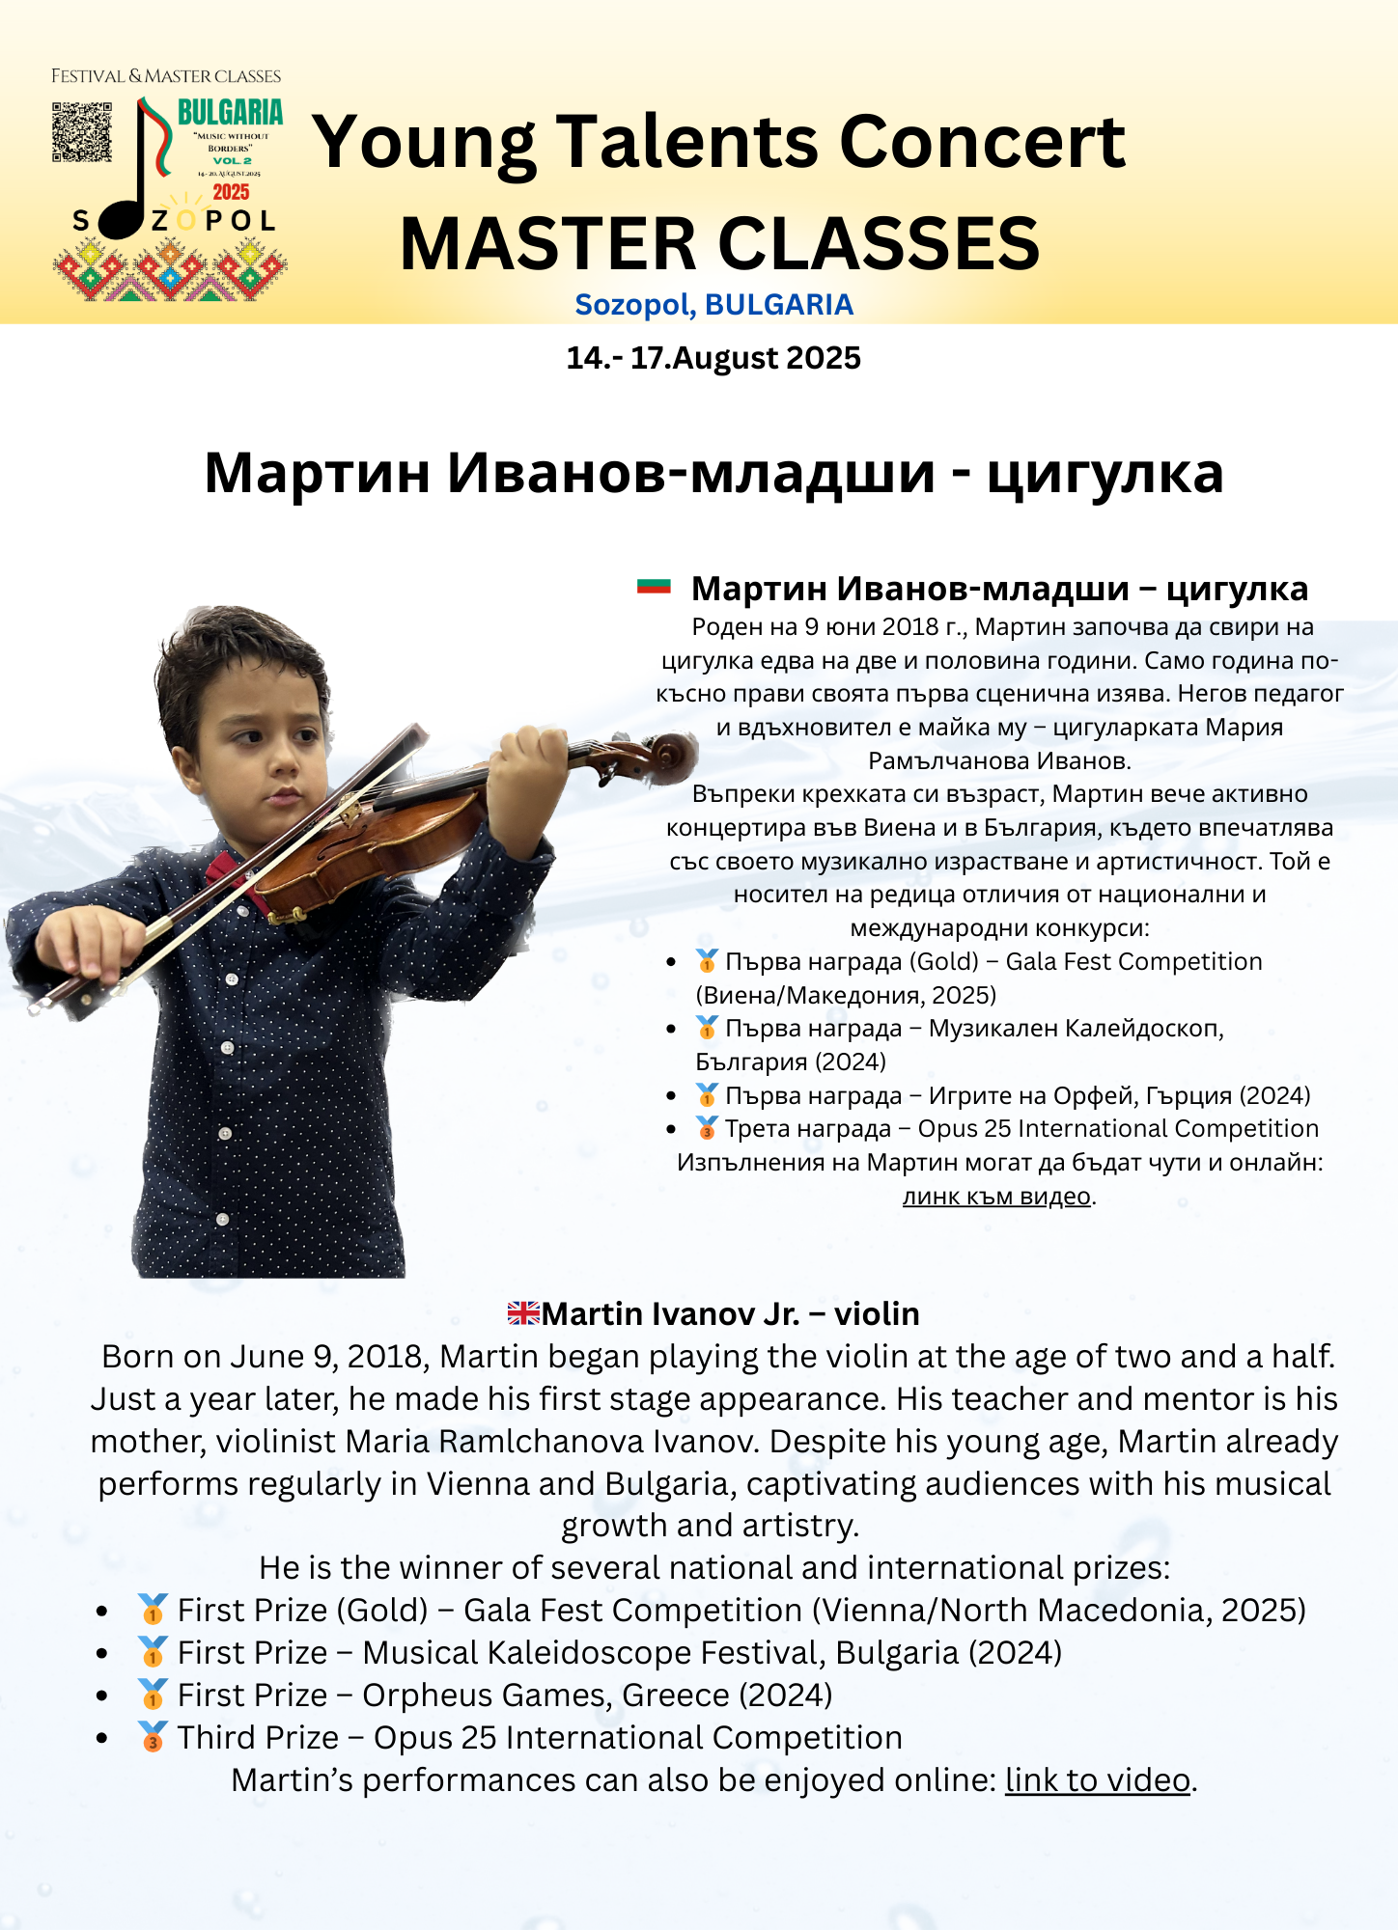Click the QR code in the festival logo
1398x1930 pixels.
tap(81, 132)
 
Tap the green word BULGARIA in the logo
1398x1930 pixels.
tap(231, 113)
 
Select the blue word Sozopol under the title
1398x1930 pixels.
tap(634, 305)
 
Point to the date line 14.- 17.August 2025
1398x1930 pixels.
tap(713, 358)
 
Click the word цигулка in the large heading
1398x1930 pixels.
tap(1104, 473)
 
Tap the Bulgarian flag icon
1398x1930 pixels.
tap(654, 586)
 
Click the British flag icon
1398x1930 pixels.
tap(523, 1313)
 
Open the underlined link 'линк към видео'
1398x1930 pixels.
tap(996, 1197)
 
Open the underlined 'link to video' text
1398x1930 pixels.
tap(1097, 1780)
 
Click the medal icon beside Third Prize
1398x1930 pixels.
tap(153, 1737)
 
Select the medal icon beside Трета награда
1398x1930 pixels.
tap(707, 1127)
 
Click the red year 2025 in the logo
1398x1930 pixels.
tap(232, 192)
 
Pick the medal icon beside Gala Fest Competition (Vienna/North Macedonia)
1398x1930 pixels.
tap(153, 1610)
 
